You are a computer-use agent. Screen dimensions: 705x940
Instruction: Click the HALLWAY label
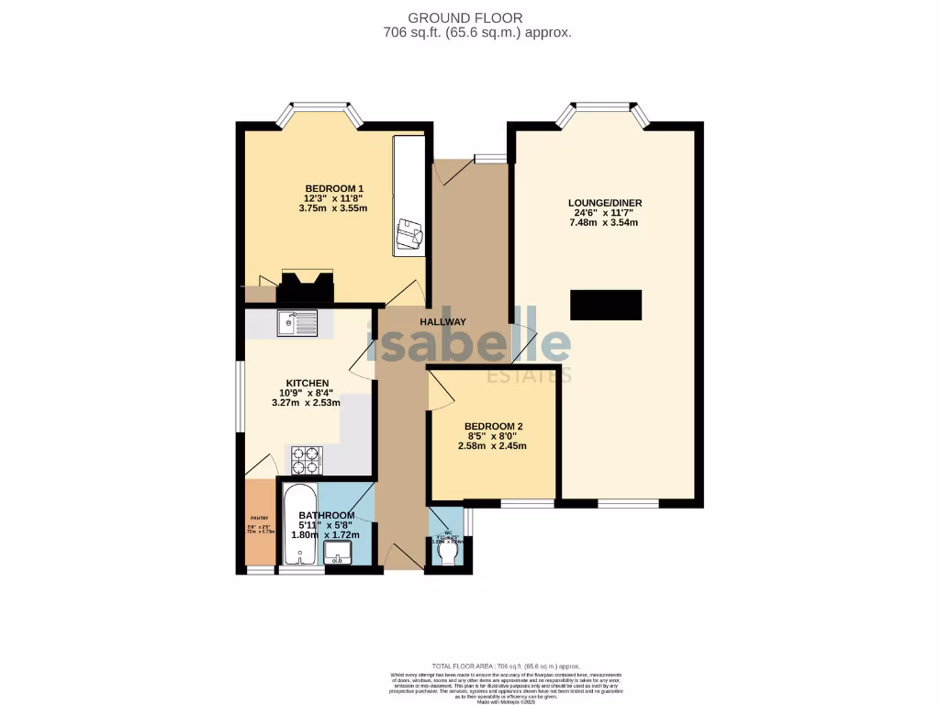click(x=443, y=322)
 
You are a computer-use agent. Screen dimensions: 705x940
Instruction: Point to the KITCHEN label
click(x=307, y=383)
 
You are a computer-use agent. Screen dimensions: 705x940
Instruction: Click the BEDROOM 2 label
click(x=493, y=427)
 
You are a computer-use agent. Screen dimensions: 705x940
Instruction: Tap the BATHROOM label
click(x=326, y=515)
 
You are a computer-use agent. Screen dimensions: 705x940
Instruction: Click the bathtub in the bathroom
click(x=299, y=525)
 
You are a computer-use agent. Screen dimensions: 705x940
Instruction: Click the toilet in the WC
click(x=449, y=554)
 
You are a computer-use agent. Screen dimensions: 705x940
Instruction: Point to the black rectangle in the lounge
click(x=605, y=305)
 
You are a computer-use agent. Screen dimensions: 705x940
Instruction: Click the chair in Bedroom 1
click(x=409, y=236)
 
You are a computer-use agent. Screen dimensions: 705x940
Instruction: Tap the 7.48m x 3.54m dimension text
click(x=603, y=223)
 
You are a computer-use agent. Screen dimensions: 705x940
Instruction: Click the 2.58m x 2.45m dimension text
click(x=493, y=446)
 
